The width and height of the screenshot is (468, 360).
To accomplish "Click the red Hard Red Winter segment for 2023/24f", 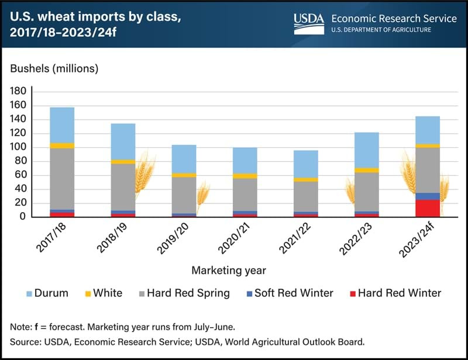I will pyautogui.click(x=428, y=208).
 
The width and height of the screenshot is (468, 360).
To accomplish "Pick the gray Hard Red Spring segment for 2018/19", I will pyautogui.click(x=123, y=187).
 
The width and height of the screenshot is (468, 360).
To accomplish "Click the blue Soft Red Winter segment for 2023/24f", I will pyautogui.click(x=428, y=196).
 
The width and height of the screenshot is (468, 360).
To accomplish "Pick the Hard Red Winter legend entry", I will pyautogui.click(x=400, y=293).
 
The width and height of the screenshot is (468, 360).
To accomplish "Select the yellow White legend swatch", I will pyautogui.click(x=89, y=293).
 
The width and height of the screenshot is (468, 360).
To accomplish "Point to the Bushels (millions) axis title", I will pyautogui.click(x=54, y=68).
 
